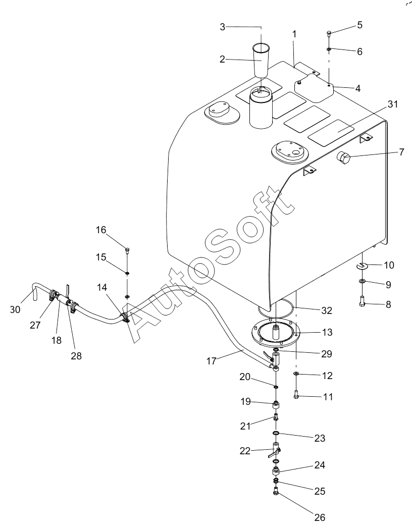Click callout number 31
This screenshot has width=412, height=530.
393,104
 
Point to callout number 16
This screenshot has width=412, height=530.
100,230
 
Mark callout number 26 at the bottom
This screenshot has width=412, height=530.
320,517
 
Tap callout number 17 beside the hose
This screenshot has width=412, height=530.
211,361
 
